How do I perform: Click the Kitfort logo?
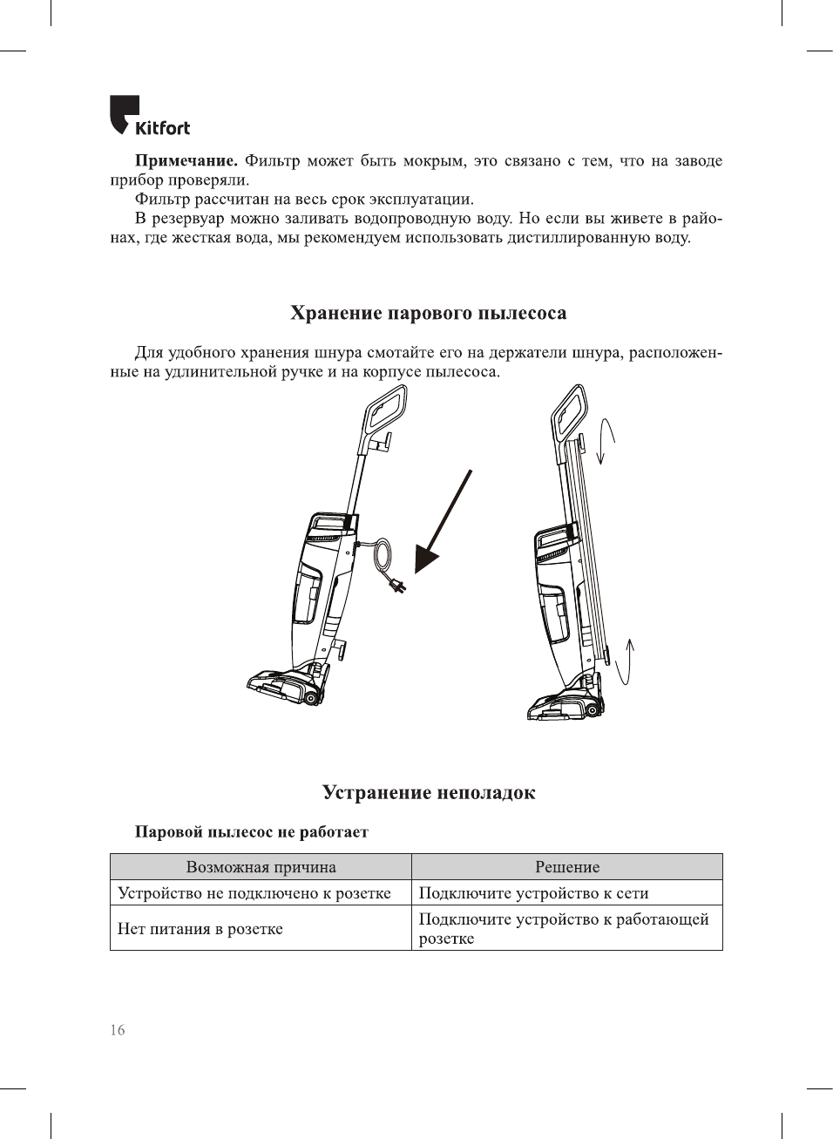coord(149,117)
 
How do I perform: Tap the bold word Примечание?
coord(186,161)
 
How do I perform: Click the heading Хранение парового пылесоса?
coord(428,314)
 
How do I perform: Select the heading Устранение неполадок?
coord(429,792)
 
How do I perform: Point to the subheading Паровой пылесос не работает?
coord(251,832)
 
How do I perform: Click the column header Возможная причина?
coord(261,867)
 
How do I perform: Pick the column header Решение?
coord(566,867)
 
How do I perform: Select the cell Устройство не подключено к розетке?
coord(254,893)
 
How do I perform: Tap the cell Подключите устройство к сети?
coord(533,893)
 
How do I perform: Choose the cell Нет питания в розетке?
coord(200,929)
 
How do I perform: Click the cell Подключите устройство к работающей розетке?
coord(563,929)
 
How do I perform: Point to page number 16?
coord(118,1030)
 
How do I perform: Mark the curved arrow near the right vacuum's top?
coord(606,441)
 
